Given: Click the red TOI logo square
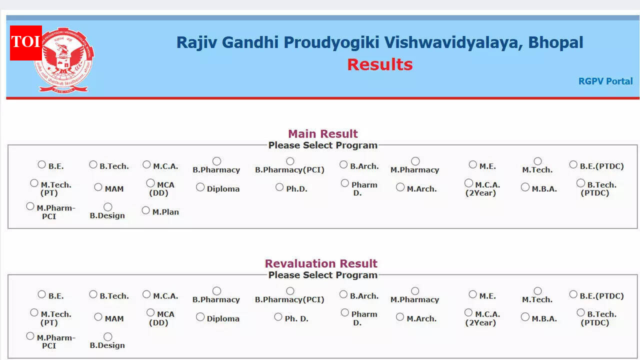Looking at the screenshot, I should pyautogui.click(x=25, y=42).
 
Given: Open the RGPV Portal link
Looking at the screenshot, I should pyautogui.click(x=605, y=81).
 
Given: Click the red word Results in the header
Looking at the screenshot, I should pyautogui.click(x=379, y=64).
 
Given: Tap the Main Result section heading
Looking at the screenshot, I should pyautogui.click(x=322, y=134).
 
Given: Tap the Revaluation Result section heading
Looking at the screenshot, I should pyautogui.click(x=321, y=263).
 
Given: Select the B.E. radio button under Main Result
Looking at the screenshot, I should pyautogui.click(x=42, y=164).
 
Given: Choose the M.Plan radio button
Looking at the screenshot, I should pyautogui.click(x=146, y=210).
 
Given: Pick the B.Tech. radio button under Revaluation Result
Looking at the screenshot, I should pyautogui.click(x=93, y=294).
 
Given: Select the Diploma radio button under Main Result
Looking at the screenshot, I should pyautogui.click(x=200, y=187).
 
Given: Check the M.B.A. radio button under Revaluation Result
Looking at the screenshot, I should pyautogui.click(x=525, y=317).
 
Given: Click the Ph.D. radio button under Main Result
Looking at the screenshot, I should pyautogui.click(x=279, y=187).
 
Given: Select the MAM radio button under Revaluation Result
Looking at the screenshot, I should pyautogui.click(x=98, y=317).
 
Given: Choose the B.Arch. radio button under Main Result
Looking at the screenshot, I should pyautogui.click(x=343, y=164).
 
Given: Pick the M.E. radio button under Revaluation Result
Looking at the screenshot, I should pyautogui.click(x=473, y=294).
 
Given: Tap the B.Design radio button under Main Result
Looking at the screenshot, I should pyautogui.click(x=107, y=207).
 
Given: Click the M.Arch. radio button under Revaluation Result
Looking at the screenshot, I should pyautogui.click(x=400, y=317).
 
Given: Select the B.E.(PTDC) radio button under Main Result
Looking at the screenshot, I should pyautogui.click(x=573, y=164).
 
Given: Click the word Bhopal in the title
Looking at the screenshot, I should pyautogui.click(x=555, y=42).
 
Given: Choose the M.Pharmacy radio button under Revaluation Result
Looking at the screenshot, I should pyautogui.click(x=415, y=291).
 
